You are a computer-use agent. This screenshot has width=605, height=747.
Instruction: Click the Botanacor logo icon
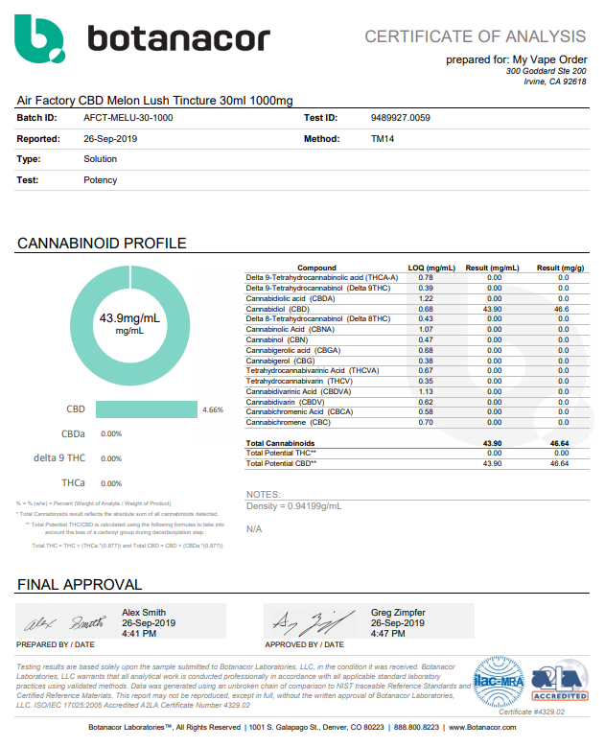[x=40, y=37]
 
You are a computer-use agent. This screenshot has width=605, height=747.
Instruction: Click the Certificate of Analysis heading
[x=475, y=36]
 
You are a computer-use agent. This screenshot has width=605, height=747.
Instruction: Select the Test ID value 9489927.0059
[x=400, y=118]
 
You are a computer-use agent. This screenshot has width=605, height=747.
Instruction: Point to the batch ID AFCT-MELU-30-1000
[x=128, y=118]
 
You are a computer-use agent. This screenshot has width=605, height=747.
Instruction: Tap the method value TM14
[x=383, y=139]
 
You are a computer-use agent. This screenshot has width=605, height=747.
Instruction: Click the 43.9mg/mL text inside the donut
[x=128, y=317]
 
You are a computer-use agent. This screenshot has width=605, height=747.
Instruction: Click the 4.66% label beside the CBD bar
[x=212, y=409]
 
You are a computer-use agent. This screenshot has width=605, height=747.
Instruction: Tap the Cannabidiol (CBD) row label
[x=278, y=310]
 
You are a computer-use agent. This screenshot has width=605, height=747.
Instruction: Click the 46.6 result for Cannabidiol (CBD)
[x=562, y=310]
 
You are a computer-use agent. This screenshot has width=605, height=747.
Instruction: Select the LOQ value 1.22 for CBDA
[x=426, y=299]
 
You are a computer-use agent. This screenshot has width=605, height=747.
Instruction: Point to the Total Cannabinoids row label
[x=280, y=442]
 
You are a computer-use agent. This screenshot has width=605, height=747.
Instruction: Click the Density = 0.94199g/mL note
[x=293, y=505]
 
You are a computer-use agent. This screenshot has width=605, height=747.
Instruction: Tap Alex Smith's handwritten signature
[x=61, y=620]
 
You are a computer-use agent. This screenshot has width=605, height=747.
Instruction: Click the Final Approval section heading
[x=80, y=584]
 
